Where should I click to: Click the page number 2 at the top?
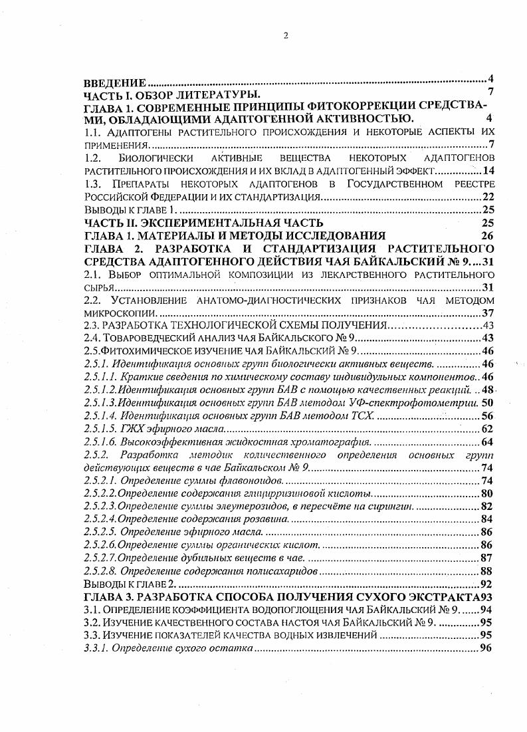pyautogui.click(x=285, y=36)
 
